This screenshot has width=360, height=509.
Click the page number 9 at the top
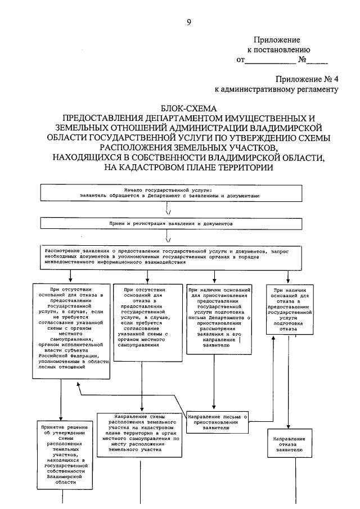click(189, 22)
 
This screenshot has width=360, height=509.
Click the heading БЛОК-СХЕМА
click(188, 107)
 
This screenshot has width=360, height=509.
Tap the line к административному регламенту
click(276, 88)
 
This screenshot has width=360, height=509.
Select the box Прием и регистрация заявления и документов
click(169, 223)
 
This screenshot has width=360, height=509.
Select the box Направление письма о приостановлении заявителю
click(217, 422)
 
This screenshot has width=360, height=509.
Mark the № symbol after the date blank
click(302, 59)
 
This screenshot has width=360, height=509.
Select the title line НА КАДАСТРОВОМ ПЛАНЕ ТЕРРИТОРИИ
click(188, 167)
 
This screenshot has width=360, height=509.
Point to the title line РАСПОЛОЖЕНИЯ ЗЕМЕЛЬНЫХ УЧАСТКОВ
click(188, 147)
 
